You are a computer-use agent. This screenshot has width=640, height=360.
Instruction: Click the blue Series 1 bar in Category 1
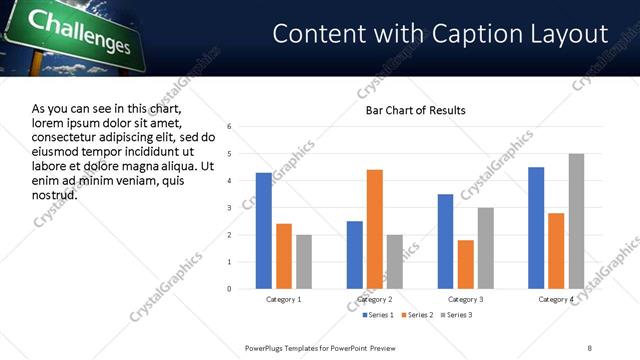(x=264, y=231)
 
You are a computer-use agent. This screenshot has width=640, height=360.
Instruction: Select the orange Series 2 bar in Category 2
(x=375, y=229)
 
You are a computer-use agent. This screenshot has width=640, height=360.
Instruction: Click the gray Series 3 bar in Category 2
(x=395, y=262)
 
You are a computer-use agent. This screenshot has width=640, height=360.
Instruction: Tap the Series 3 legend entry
(x=456, y=315)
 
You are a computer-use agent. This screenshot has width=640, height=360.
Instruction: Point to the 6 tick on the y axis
(x=230, y=127)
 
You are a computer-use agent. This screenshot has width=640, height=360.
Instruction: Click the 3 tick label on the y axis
(x=230, y=208)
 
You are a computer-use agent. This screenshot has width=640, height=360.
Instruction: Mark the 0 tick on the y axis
(x=230, y=289)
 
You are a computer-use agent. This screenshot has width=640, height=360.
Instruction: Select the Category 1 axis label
(x=284, y=300)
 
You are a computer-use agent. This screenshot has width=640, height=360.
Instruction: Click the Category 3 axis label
(x=466, y=300)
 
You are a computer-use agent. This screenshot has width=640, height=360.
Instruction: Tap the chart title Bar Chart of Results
(x=415, y=109)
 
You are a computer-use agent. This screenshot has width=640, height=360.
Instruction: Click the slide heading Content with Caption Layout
(x=440, y=34)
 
